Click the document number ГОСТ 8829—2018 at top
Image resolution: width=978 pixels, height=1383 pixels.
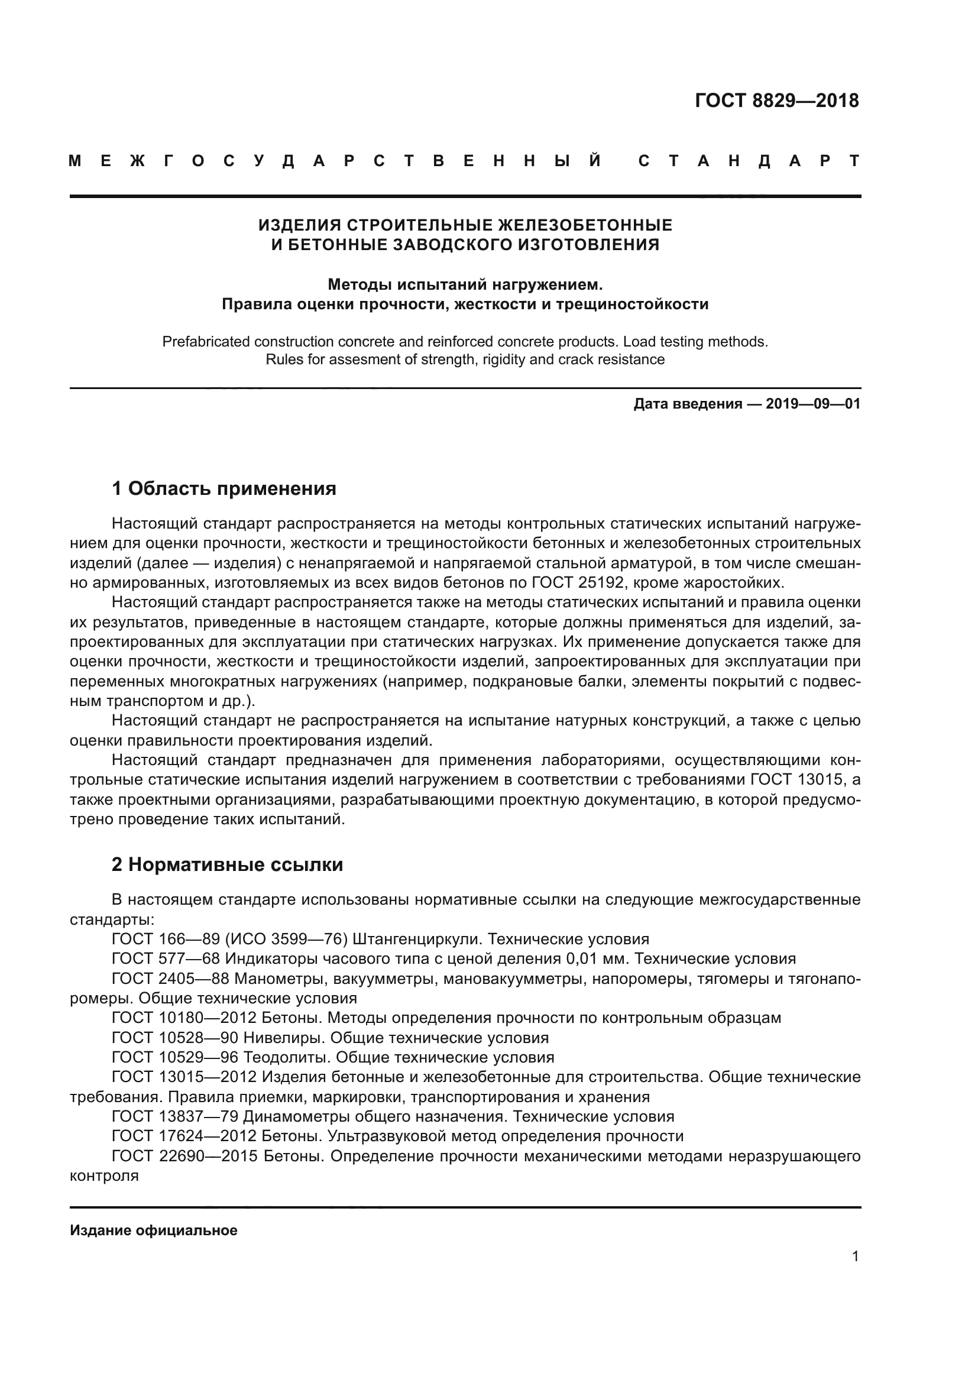click(x=776, y=101)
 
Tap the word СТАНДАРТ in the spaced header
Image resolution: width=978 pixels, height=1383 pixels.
click(x=749, y=161)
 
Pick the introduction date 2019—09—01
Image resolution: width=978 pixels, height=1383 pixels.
click(x=813, y=404)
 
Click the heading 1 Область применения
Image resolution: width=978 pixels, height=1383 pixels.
click(x=224, y=488)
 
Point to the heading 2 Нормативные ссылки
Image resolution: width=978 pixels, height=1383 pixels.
click(x=227, y=865)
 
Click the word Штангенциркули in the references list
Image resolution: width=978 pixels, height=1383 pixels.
click(x=417, y=939)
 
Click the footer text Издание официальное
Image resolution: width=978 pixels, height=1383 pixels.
click(x=154, y=1230)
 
